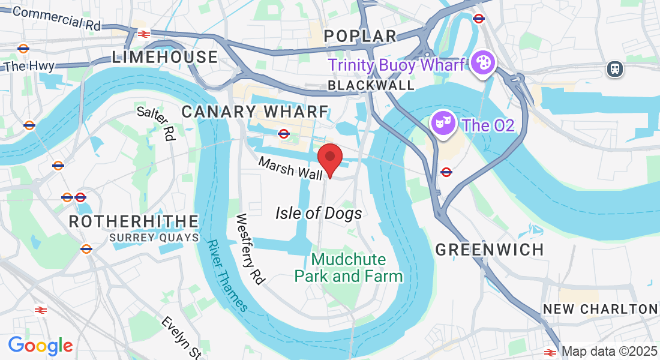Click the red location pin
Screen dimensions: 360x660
[330, 158]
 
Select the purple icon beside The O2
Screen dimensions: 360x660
[442, 124]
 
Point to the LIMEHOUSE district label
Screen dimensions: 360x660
[165, 58]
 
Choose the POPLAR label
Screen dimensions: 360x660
[360, 36]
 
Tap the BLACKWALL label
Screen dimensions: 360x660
[371, 85]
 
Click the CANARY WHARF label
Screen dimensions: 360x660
[255, 112]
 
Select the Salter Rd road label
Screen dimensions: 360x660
[155, 123]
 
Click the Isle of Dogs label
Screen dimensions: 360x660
[319, 213]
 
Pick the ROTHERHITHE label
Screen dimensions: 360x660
[134, 221]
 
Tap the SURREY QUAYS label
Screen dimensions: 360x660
[154, 238]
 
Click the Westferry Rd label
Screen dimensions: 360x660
[251, 248]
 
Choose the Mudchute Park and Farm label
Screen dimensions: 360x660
[349, 268]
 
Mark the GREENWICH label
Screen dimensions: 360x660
[490, 250]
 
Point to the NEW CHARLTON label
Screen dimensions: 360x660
[600, 309]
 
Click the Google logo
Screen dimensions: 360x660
[40, 346]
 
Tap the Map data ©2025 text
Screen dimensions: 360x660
[609, 352]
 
